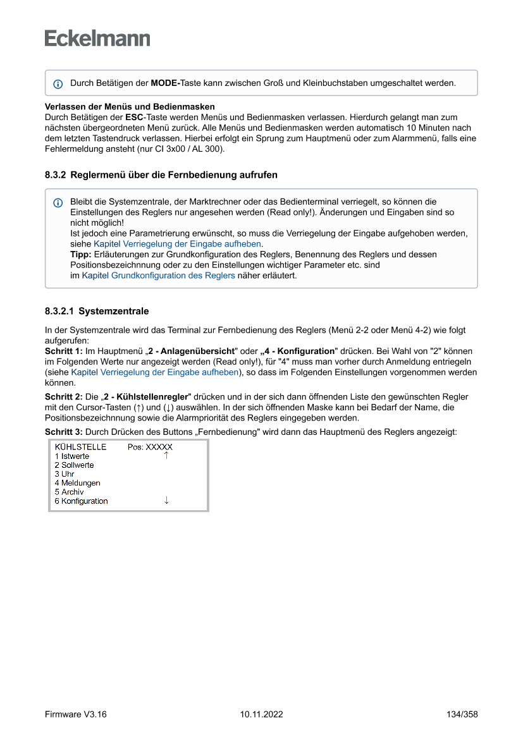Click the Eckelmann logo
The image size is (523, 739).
coord(97,39)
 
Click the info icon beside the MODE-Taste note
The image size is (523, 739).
coord(58,83)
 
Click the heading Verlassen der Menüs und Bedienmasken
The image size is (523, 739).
coord(130,106)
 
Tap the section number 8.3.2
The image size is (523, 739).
coord(55,174)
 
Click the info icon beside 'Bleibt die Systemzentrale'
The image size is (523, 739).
coord(58,203)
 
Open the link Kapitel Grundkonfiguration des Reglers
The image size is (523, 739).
coord(158,276)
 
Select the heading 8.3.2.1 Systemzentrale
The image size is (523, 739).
coord(97,311)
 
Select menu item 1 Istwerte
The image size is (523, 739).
coord(72,456)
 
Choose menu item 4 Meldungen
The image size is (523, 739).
coord(77,483)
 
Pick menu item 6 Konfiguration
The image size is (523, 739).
coord(81,501)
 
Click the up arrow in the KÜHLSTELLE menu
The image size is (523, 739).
coord(166,455)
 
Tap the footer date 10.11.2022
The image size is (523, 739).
coord(261,714)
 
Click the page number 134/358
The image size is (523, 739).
coord(462,714)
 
